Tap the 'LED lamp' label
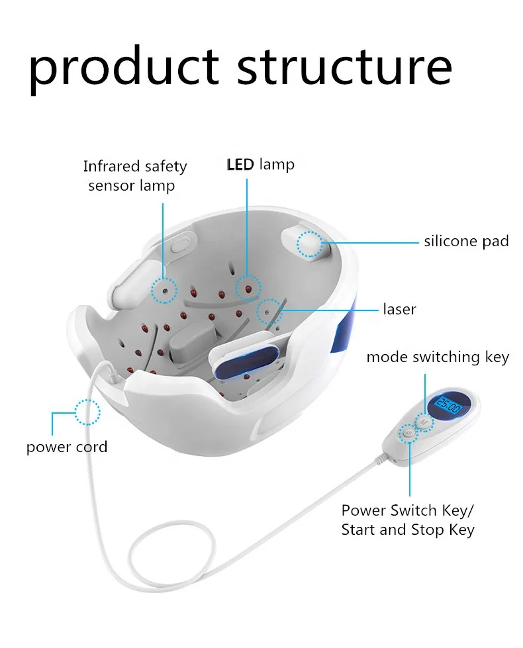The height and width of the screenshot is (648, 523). [261, 164]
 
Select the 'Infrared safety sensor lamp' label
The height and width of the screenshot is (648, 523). [134, 176]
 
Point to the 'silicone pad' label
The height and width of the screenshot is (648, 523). [466, 241]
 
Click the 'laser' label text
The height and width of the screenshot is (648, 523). [399, 309]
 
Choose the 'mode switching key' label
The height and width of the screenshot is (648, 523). [438, 357]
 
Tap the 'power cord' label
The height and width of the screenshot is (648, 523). [66, 447]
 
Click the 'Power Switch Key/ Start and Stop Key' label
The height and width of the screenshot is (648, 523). [408, 520]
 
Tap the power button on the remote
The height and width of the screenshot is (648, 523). [408, 434]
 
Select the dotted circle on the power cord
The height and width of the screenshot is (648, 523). [87, 412]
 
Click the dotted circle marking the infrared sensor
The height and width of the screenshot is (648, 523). [164, 289]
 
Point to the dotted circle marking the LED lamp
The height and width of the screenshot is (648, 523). [248, 286]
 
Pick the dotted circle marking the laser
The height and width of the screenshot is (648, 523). [268, 310]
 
